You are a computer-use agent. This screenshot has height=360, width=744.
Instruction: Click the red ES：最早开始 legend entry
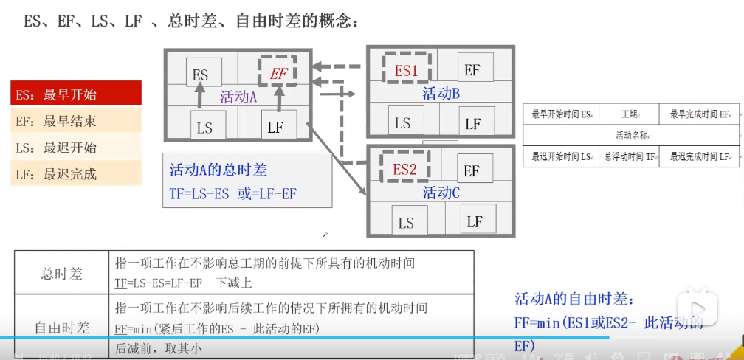[x=76, y=94]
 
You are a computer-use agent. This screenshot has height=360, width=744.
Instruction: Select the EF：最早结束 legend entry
[x=76, y=121]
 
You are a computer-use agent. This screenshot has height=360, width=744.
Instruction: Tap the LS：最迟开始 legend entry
[x=76, y=148]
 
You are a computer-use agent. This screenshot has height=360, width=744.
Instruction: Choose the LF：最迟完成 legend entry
[x=76, y=174]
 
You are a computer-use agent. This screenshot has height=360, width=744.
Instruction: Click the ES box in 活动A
[x=201, y=75]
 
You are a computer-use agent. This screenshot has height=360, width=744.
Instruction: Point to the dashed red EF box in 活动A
[x=279, y=73]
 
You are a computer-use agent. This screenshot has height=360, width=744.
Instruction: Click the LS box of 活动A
[x=204, y=127]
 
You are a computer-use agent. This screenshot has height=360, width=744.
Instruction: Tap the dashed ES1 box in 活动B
[x=406, y=70]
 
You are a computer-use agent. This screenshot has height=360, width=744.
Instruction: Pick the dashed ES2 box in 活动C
[x=404, y=169]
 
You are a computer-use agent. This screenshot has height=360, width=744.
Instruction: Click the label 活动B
[x=441, y=94]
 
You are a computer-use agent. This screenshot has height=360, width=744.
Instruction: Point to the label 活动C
[x=441, y=193]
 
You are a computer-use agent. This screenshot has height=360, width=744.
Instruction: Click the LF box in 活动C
[x=475, y=221]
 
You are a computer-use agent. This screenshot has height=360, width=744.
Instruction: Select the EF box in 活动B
[x=473, y=69]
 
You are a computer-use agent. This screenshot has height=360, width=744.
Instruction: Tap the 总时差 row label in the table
[x=61, y=274]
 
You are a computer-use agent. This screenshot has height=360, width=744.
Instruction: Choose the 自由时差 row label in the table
[x=61, y=327]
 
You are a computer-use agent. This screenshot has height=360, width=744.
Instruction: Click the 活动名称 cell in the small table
[x=632, y=136]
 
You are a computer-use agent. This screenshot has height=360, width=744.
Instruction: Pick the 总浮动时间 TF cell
[x=629, y=156]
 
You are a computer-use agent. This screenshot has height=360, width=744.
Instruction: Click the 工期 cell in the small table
[x=629, y=114]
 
